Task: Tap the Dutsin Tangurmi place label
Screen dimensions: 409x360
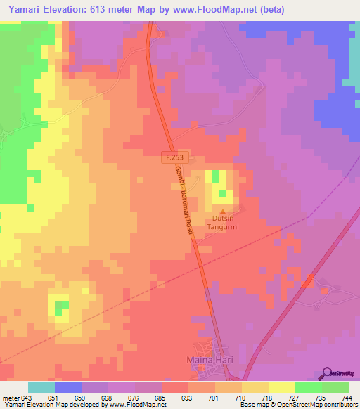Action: tap(224, 223)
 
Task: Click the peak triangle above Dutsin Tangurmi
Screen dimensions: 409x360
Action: tap(224, 212)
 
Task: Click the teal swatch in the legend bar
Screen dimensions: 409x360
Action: tap(41, 387)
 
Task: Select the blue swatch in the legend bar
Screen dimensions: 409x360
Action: tap(68, 387)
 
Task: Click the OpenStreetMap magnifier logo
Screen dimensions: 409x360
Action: tap(327, 373)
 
